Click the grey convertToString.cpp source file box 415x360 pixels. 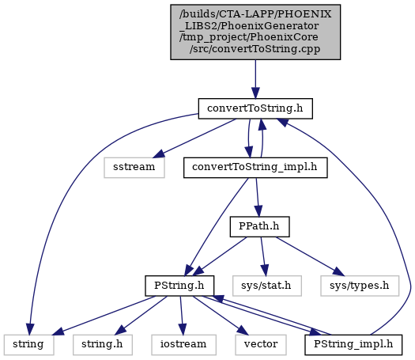(x=255, y=32)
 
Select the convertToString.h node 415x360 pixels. (x=255, y=108)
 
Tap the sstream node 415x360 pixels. (x=134, y=168)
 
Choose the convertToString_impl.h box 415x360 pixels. (x=255, y=168)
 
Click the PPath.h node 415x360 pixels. (x=259, y=227)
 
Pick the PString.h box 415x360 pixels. (x=179, y=286)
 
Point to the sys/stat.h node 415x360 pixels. (x=267, y=286)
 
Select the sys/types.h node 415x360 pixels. (x=360, y=286)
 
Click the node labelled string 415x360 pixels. (x=28, y=345)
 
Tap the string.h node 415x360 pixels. (x=103, y=345)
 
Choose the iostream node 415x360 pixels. (x=183, y=345)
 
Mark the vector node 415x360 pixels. (x=261, y=345)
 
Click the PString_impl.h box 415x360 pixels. (x=353, y=345)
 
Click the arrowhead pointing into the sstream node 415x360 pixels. (x=157, y=154)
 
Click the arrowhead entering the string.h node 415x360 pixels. (x=121, y=331)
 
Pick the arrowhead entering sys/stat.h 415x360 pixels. (x=265, y=271)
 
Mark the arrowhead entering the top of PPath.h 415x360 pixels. (x=258, y=211)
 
